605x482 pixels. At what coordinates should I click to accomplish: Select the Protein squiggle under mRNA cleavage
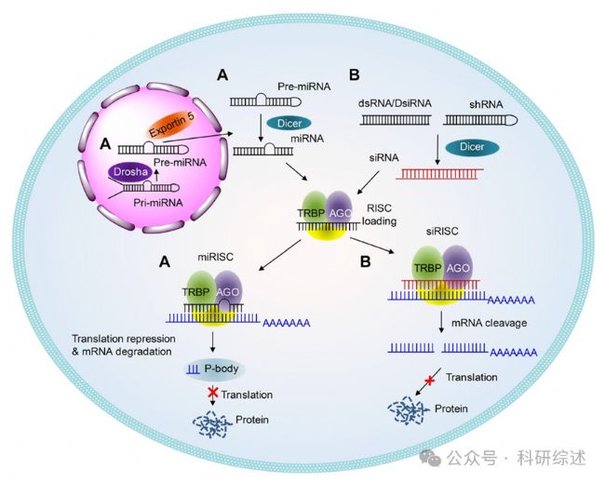(x=410, y=409)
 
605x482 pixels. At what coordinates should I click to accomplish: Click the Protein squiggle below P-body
(x=213, y=422)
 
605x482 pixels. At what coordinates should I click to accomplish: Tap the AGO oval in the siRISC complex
(x=457, y=267)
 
